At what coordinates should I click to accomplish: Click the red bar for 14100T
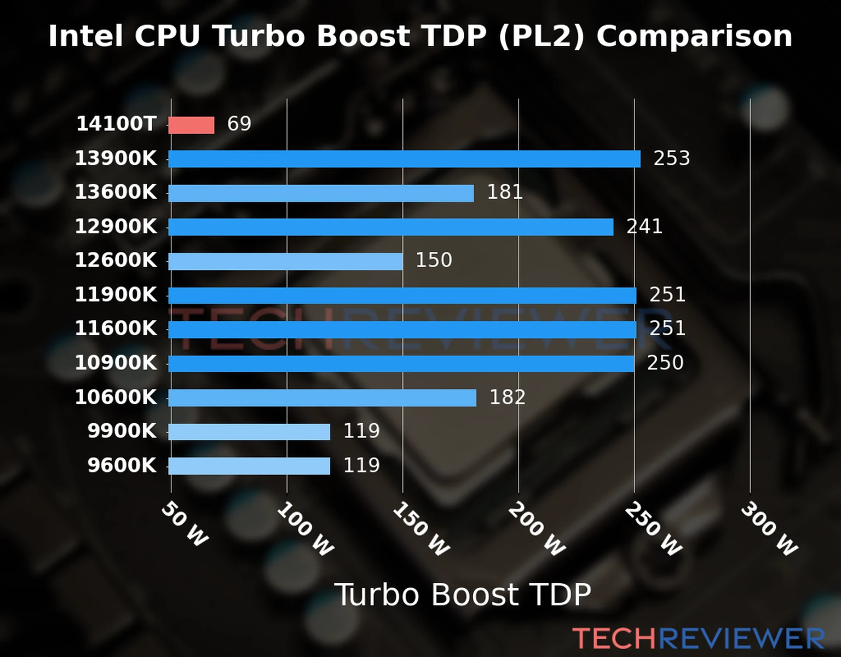[x=191, y=125]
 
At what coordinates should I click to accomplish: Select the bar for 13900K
[x=404, y=159]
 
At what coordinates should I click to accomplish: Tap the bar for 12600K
[x=285, y=261]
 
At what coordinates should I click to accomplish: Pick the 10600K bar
[x=322, y=398]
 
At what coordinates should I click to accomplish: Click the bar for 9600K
[x=249, y=466]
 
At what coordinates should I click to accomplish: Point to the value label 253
[x=671, y=158]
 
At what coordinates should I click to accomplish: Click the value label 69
[x=239, y=124]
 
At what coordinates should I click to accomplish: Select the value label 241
[x=644, y=226]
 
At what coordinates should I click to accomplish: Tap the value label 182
[x=507, y=397]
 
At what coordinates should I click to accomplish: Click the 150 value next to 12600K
[x=434, y=260]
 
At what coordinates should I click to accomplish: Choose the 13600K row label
[x=116, y=192]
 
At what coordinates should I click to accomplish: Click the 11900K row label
[x=116, y=295]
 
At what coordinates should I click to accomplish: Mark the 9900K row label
[x=122, y=431]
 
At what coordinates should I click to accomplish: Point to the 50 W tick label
[x=185, y=525]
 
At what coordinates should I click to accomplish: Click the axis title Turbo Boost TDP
[x=463, y=595]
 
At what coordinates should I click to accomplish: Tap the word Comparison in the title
[x=694, y=37]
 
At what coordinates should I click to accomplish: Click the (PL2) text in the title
[x=542, y=37]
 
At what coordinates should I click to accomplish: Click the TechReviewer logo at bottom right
[x=698, y=638]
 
